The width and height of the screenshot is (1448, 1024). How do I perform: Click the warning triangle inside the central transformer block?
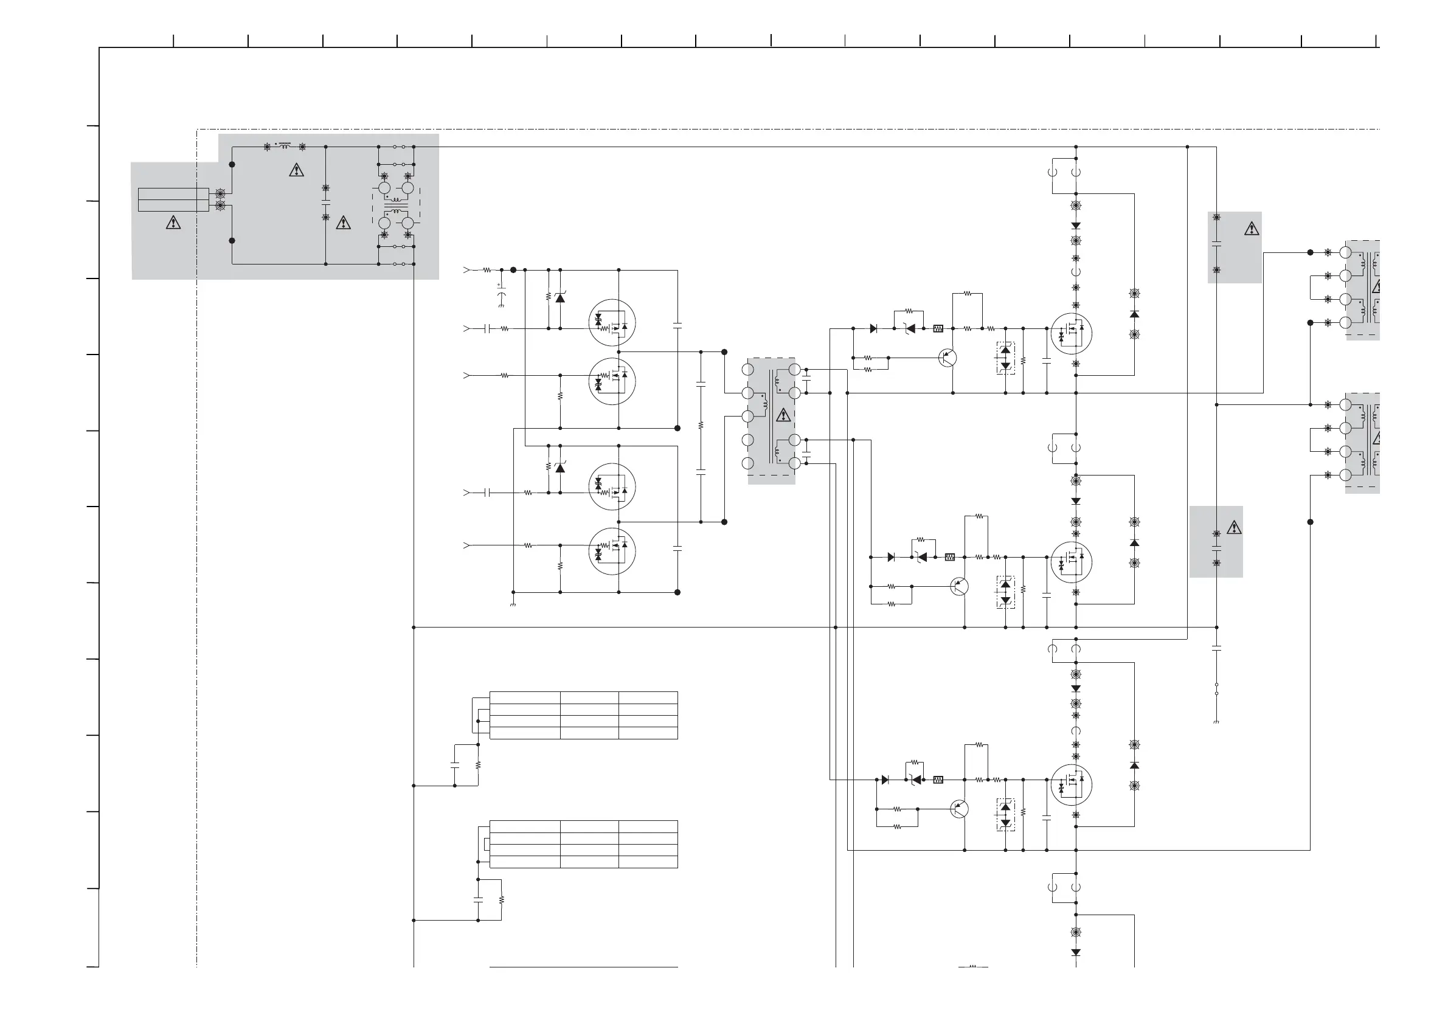tap(783, 415)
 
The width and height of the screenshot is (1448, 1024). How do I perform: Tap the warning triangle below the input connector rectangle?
tap(173, 223)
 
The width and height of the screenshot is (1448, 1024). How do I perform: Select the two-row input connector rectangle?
tap(173, 200)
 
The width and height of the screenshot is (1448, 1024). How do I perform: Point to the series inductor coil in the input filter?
tap(285, 147)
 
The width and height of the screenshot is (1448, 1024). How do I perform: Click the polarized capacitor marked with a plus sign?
tap(501, 294)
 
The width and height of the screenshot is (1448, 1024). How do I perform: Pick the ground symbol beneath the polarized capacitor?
tap(501, 306)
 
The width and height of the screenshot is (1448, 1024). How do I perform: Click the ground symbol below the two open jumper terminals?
tap(1216, 721)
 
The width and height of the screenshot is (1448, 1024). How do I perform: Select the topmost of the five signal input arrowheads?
tap(466, 270)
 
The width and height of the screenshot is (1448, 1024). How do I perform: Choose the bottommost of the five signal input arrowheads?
tap(466, 545)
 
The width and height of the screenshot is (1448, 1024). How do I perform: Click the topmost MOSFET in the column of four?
tap(612, 322)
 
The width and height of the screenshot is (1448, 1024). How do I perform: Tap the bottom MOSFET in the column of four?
tap(612, 551)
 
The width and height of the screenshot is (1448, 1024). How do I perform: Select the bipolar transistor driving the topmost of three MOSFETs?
tap(947, 358)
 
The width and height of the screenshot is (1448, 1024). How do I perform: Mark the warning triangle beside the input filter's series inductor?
tap(296, 170)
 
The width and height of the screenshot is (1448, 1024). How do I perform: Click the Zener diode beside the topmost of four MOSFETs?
tap(560, 297)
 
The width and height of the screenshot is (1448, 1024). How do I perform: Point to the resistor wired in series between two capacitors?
tap(701, 427)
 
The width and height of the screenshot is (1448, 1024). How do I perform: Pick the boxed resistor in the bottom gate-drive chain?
tap(938, 780)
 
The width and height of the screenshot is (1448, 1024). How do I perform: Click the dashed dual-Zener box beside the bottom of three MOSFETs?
tap(1005, 815)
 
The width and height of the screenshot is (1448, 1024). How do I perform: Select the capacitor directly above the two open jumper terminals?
tap(1216, 648)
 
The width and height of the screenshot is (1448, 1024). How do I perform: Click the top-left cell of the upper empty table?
tap(525, 697)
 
